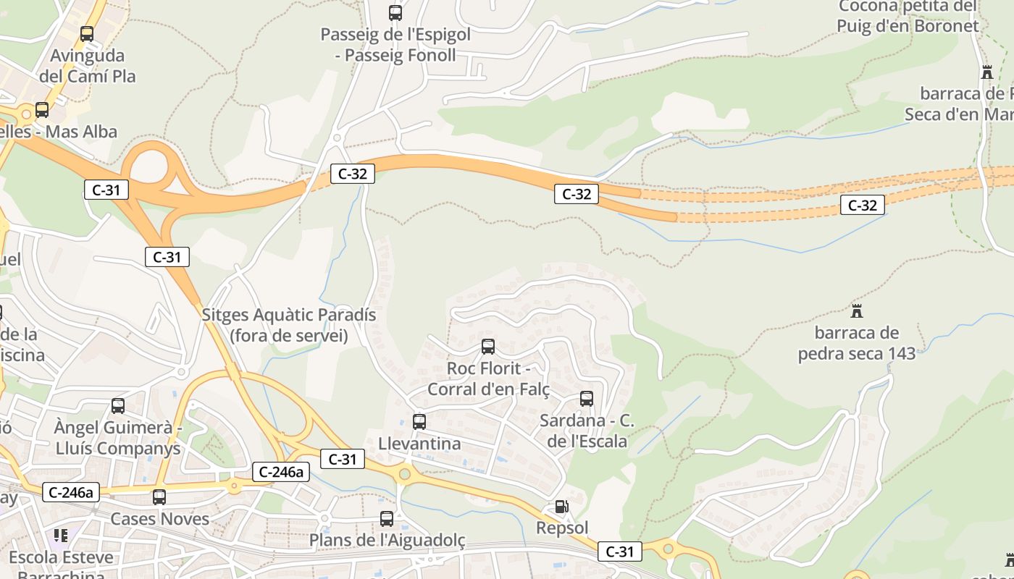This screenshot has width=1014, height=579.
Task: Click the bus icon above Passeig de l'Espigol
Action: pyautogui.click(x=395, y=12)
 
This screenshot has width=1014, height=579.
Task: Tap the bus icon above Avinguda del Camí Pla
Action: pyautogui.click(x=87, y=33)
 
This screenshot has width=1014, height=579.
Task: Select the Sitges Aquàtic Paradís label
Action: pyautogui.click(x=289, y=325)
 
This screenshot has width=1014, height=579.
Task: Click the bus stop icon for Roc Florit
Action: pyautogui.click(x=488, y=346)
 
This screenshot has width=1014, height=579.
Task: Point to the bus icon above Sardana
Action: pyautogui.click(x=587, y=398)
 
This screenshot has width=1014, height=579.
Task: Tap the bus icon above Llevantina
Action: pyautogui.click(x=419, y=421)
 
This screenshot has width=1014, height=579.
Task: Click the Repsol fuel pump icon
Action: pyautogui.click(x=561, y=507)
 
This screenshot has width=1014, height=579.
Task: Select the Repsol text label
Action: pyautogui.click(x=562, y=528)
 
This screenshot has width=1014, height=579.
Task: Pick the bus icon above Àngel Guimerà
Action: pyautogui.click(x=118, y=405)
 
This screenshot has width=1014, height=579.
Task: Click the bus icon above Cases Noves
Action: pyautogui.click(x=159, y=496)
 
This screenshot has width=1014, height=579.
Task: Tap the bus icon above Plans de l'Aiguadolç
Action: pyautogui.click(x=387, y=518)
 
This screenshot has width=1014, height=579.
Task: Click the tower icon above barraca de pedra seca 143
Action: pyautogui.click(x=857, y=311)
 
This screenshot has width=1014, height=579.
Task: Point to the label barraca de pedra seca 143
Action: pyautogui.click(x=857, y=343)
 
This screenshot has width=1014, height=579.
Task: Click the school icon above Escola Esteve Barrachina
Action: pyautogui.click(x=61, y=536)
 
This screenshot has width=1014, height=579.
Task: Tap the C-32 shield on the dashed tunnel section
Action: pyautogui.click(x=863, y=205)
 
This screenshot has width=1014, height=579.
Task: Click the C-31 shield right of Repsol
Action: pyautogui.click(x=620, y=551)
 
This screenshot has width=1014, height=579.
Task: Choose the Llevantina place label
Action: pyautogui.click(x=419, y=443)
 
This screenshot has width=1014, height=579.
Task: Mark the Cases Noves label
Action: pyautogui.click(x=159, y=518)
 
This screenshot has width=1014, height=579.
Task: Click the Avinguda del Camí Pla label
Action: pyautogui.click(x=88, y=65)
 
